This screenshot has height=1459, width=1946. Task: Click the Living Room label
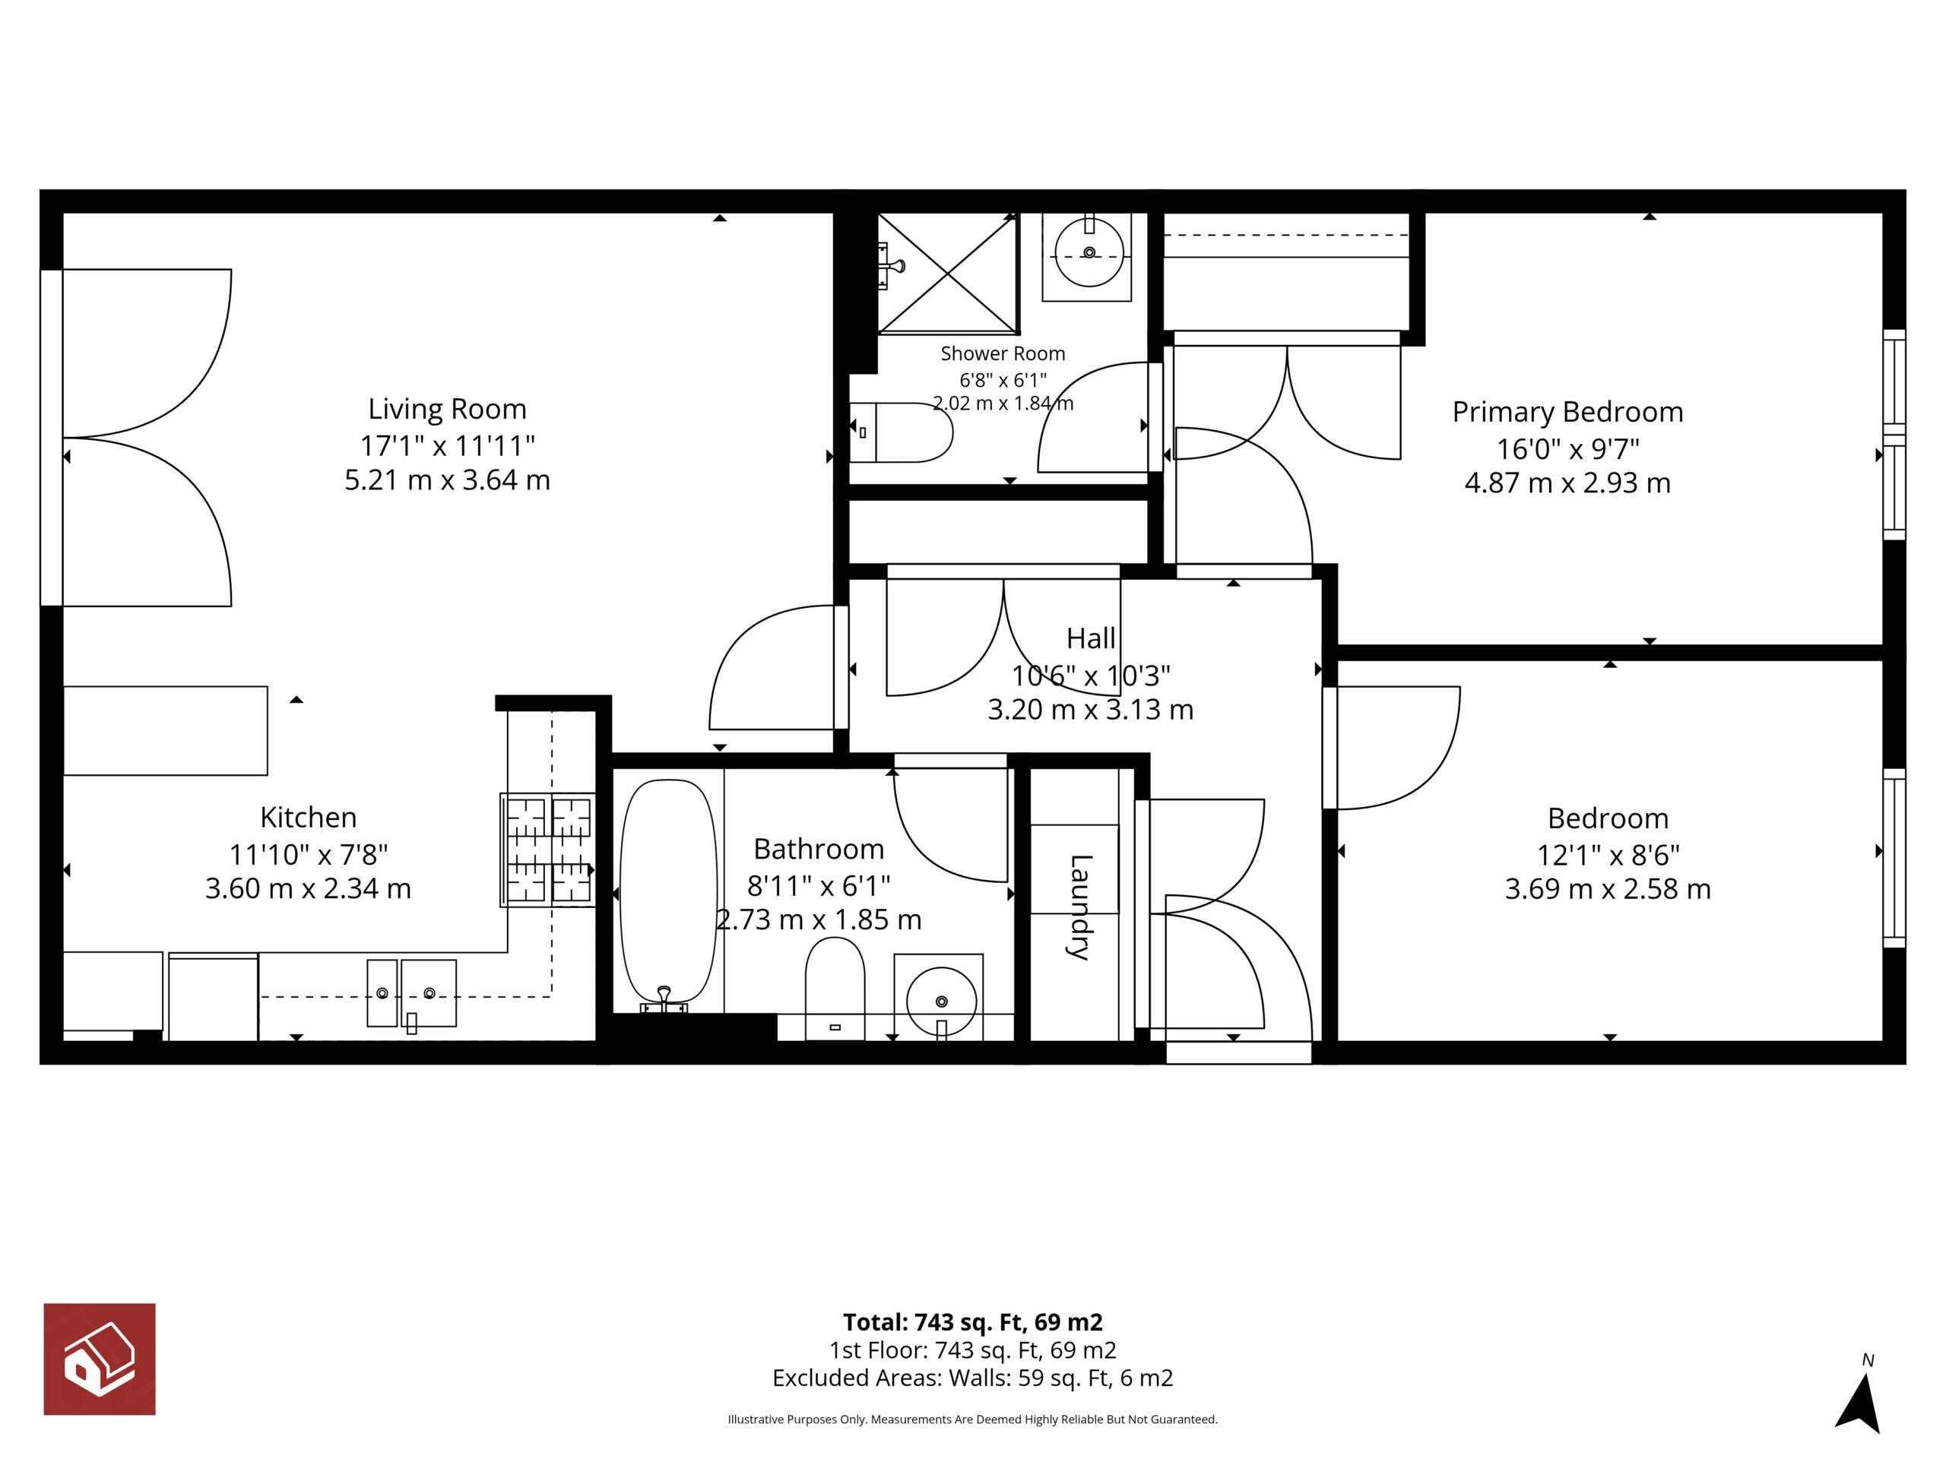click(447, 409)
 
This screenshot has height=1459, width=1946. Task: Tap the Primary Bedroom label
click(1567, 412)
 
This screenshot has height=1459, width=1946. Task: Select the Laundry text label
click(1081, 907)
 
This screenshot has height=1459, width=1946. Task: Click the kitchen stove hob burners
click(547, 850)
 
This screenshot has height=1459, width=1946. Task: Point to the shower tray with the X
click(949, 274)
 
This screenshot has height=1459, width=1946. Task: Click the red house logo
click(100, 1359)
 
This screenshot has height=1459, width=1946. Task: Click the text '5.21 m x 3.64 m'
click(447, 480)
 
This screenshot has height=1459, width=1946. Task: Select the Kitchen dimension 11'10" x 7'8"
click(308, 854)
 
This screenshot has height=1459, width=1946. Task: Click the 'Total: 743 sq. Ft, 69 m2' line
click(973, 1321)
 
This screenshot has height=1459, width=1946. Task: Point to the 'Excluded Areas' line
click(973, 1378)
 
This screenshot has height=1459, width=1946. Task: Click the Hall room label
click(1091, 638)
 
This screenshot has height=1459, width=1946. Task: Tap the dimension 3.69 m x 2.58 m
click(1608, 889)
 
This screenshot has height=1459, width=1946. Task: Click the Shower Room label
click(1003, 353)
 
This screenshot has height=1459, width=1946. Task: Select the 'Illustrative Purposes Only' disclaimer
click(973, 1419)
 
